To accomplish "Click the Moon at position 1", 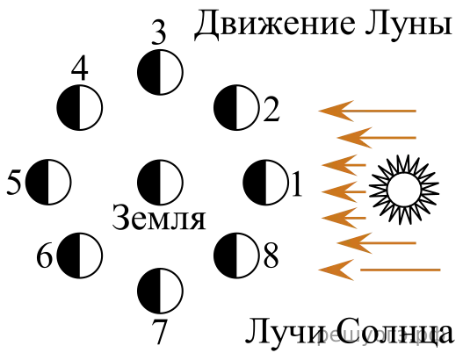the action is coord(265,183).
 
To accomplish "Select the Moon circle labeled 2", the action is coord(236,108).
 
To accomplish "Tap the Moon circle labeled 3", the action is coord(161,72).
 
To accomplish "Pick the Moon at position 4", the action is coord(79,108).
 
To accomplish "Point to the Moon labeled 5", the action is coord(48,183).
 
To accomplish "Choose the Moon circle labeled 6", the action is coord(79,256).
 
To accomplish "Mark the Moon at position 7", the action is coord(161,291).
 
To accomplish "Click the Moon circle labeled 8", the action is coord(236,256).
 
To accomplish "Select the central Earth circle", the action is coord(161,183).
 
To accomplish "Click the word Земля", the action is coord(159,219).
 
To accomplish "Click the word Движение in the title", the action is coord(274,25).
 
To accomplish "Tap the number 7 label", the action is coord(159,331).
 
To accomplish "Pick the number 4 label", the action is coord(80,69).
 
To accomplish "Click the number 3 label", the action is coord(159,32).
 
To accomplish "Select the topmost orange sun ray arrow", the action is coord(367,111).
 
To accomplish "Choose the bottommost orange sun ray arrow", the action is coord(380,270).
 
